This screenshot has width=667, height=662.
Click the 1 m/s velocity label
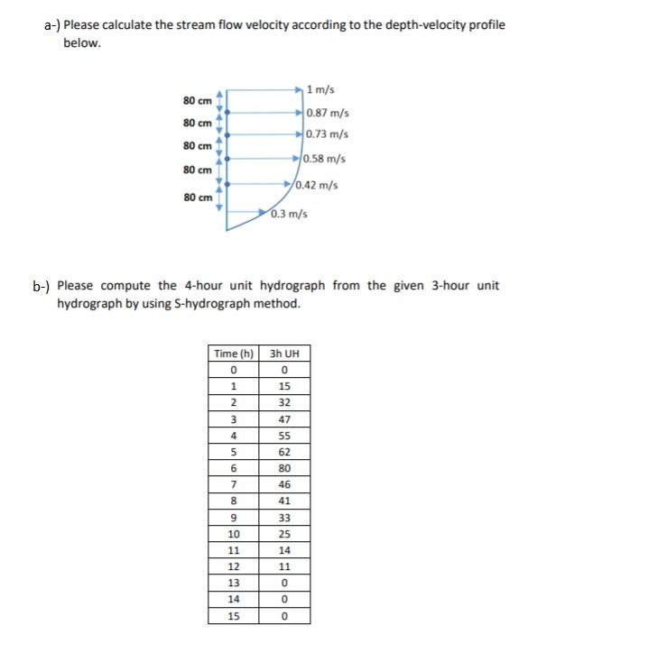[x=320, y=89]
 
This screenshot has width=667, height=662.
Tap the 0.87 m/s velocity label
[x=328, y=114]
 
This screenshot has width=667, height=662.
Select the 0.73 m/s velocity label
[x=327, y=135]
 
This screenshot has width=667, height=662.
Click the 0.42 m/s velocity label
[x=317, y=186]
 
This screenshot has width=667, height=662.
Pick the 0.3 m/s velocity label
[x=290, y=214]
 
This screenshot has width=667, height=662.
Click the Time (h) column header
[x=234, y=353]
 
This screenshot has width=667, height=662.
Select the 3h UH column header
[x=284, y=353]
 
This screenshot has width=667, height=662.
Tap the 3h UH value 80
[x=284, y=468]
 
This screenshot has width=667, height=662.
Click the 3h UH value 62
[x=284, y=452]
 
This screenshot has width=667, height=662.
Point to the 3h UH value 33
[x=284, y=518]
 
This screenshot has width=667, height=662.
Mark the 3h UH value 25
[x=284, y=534]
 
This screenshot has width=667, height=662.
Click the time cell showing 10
[x=234, y=534]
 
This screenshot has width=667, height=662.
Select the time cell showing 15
[x=234, y=617]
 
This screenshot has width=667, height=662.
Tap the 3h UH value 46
[x=284, y=484]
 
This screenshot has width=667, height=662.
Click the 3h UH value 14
[x=284, y=550]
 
